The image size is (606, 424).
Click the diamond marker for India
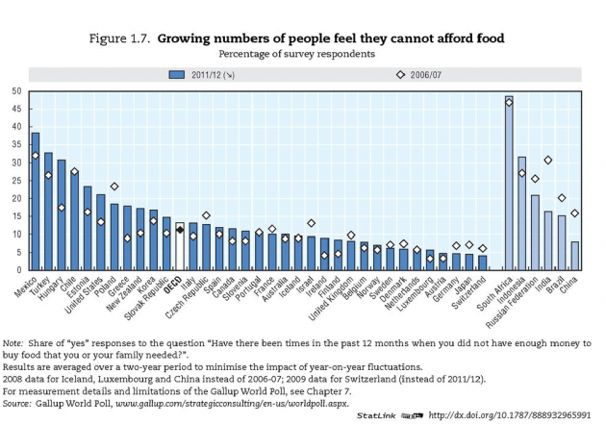tap(548, 161)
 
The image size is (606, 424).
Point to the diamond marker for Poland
tap(114, 187)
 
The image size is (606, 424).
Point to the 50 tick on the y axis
tap(16, 91)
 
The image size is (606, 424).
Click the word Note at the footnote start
tap(13, 342)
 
